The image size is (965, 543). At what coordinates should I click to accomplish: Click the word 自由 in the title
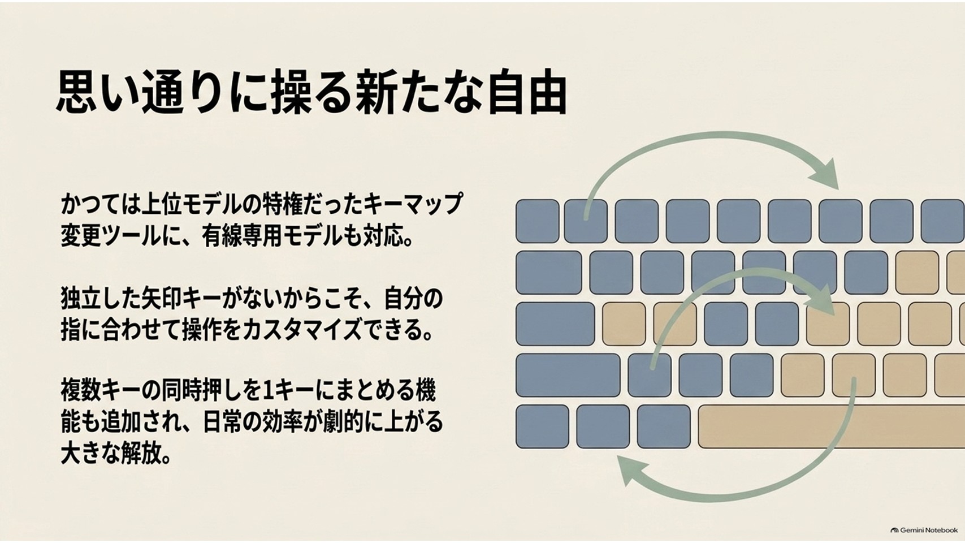(526, 94)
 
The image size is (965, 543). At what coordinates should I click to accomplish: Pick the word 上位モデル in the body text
(191, 204)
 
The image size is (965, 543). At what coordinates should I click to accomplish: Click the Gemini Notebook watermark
(924, 530)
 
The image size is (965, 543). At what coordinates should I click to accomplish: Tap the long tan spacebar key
(832, 426)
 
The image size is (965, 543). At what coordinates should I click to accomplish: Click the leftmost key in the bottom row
(542, 426)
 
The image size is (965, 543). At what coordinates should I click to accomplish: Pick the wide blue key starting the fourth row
(568, 375)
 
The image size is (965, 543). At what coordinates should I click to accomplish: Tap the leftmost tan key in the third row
(624, 324)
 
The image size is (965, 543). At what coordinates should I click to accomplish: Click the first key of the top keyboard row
(537, 221)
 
